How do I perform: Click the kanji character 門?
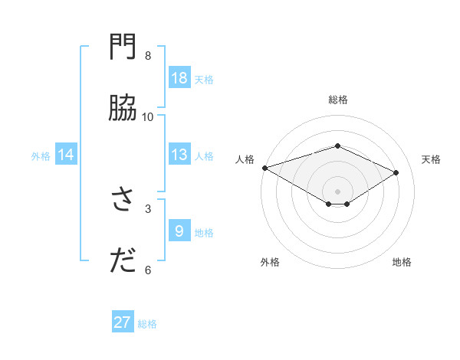(x=123, y=48)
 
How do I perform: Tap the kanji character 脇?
(x=123, y=109)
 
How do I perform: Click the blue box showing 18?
(x=179, y=78)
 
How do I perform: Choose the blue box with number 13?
(x=179, y=155)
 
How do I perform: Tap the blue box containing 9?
(x=179, y=231)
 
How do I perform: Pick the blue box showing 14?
(x=66, y=155)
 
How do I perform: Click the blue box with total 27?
(x=123, y=322)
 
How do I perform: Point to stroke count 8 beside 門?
(x=148, y=56)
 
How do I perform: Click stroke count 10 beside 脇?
(x=148, y=117)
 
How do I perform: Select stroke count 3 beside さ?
(x=148, y=208)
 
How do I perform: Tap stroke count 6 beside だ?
(x=148, y=270)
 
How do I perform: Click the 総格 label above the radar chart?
(x=337, y=100)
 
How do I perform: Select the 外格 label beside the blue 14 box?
(x=41, y=155)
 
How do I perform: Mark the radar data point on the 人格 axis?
(x=264, y=168)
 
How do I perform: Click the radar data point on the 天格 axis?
(x=396, y=172)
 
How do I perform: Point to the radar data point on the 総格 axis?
(x=337, y=146)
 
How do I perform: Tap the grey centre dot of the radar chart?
(x=337, y=191)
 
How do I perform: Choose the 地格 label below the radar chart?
(x=402, y=262)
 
